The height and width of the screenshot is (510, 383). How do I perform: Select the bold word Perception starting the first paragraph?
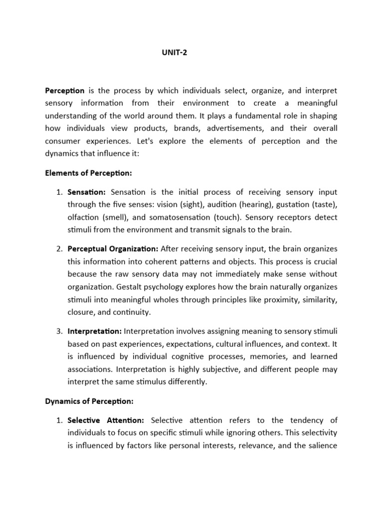tap(65, 90)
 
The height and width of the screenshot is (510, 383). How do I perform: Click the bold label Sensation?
tap(87, 192)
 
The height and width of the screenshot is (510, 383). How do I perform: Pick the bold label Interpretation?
tap(94, 331)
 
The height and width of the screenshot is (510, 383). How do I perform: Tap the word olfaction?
tap(83, 217)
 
